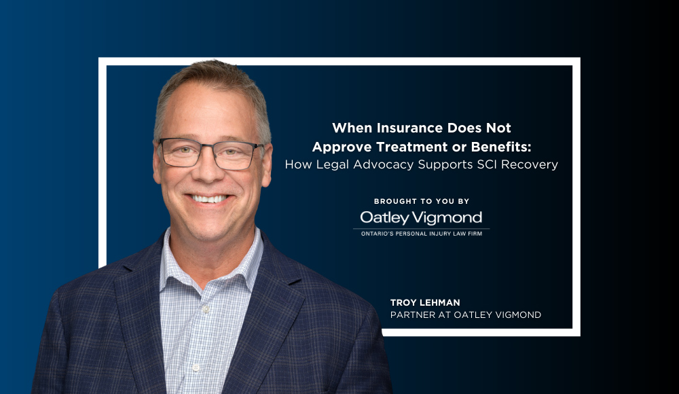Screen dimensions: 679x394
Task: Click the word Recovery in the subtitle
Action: click(530, 164)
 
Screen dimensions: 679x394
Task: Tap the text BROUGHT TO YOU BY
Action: click(422, 201)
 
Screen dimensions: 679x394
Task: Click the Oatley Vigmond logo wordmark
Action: click(421, 217)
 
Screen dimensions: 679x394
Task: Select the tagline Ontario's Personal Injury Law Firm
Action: click(422, 234)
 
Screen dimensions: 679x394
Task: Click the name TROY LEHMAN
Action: click(425, 302)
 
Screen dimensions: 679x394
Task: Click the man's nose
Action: click(208, 168)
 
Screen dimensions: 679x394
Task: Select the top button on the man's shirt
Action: click(206, 309)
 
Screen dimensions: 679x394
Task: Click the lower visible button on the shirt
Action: click(196, 368)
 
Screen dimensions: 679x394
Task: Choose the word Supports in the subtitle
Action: click(445, 164)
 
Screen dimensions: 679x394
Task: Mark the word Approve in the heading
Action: click(342, 147)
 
